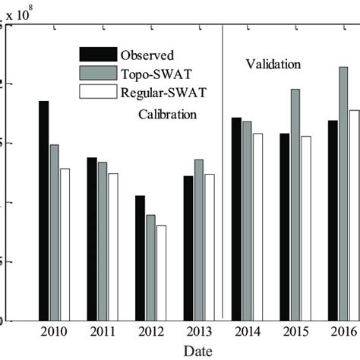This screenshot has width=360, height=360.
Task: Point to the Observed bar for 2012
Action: coord(140,258)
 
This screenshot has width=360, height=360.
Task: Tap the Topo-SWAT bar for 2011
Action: coord(103,242)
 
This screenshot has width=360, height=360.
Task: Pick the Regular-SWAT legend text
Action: coord(160,93)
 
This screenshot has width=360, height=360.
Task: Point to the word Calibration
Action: coord(167,115)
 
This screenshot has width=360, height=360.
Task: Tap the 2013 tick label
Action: coord(199,332)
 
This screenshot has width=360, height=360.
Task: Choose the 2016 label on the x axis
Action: coord(343,332)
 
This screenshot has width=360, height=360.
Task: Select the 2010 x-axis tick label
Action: coord(54,332)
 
